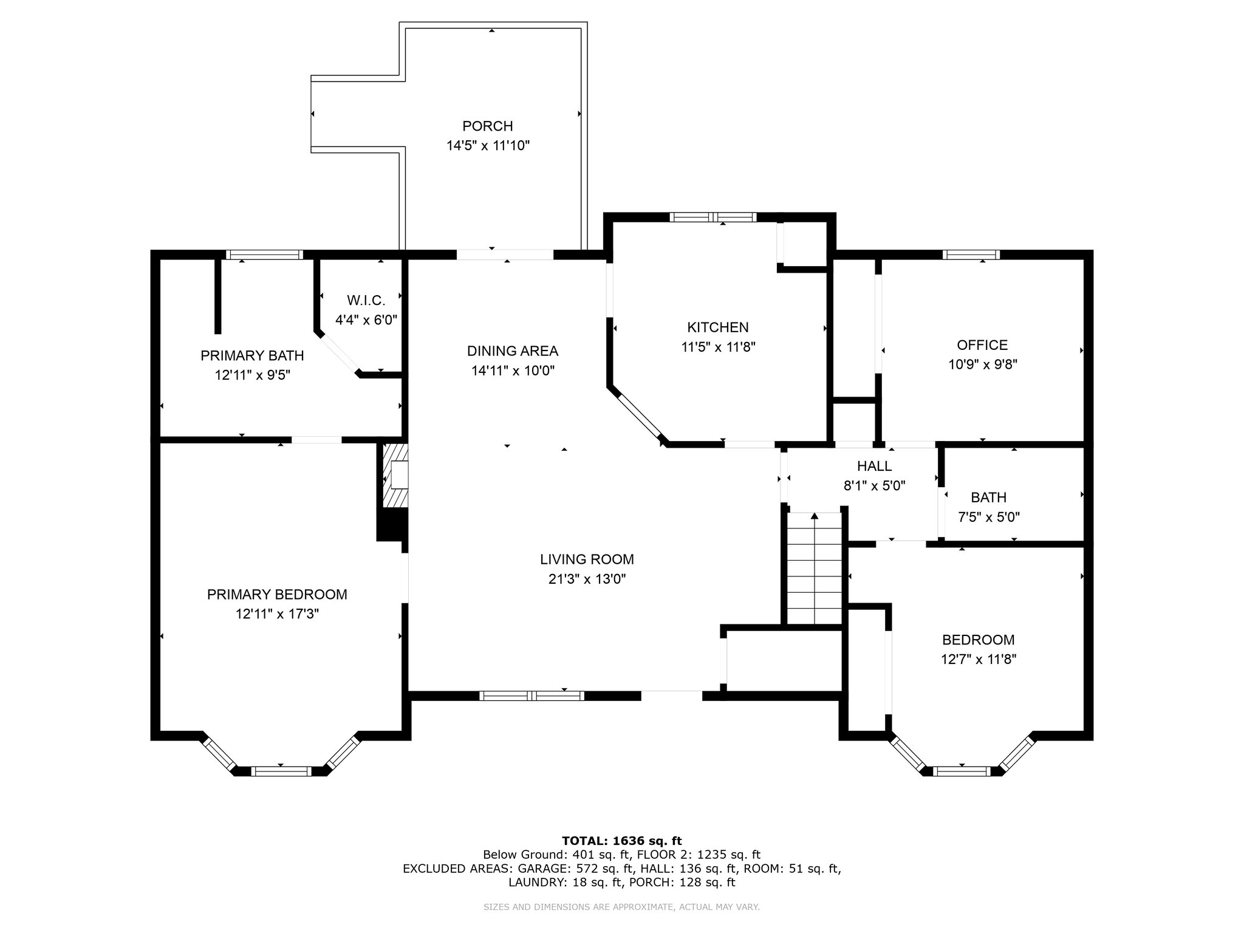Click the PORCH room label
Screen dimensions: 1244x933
[x=488, y=126]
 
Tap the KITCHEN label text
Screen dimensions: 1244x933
[x=718, y=327]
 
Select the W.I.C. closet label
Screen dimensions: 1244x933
[x=366, y=300]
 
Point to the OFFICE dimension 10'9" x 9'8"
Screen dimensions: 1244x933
[x=983, y=364]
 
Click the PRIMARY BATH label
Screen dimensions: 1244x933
[x=253, y=355]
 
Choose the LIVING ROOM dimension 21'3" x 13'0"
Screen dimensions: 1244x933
[x=587, y=579]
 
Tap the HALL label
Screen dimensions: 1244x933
[x=875, y=466]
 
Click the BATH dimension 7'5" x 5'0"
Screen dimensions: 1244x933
[x=989, y=518]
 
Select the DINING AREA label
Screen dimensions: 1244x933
[x=513, y=350]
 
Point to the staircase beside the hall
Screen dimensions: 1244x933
[x=815, y=569]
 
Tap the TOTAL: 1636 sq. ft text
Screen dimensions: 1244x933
[x=622, y=841]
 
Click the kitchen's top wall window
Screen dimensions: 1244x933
[x=714, y=217]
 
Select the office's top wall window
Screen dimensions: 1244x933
[x=971, y=255]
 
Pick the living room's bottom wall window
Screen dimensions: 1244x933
[x=532, y=696]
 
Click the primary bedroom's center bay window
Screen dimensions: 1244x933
[x=281, y=771]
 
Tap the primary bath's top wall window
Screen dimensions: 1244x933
[x=264, y=255]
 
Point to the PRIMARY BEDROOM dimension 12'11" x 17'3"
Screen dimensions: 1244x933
[x=278, y=614]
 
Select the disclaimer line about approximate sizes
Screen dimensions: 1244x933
[x=622, y=907]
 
